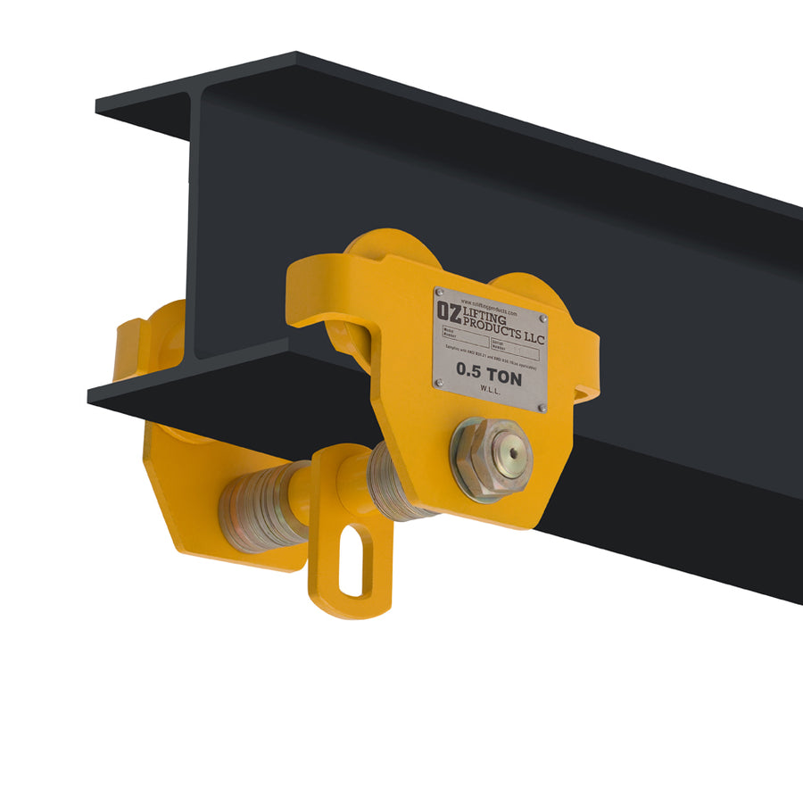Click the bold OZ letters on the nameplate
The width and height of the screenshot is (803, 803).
click(x=448, y=309)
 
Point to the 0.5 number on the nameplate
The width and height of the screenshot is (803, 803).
click(x=471, y=368)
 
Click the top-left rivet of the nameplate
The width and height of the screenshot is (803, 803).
click(x=439, y=293)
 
